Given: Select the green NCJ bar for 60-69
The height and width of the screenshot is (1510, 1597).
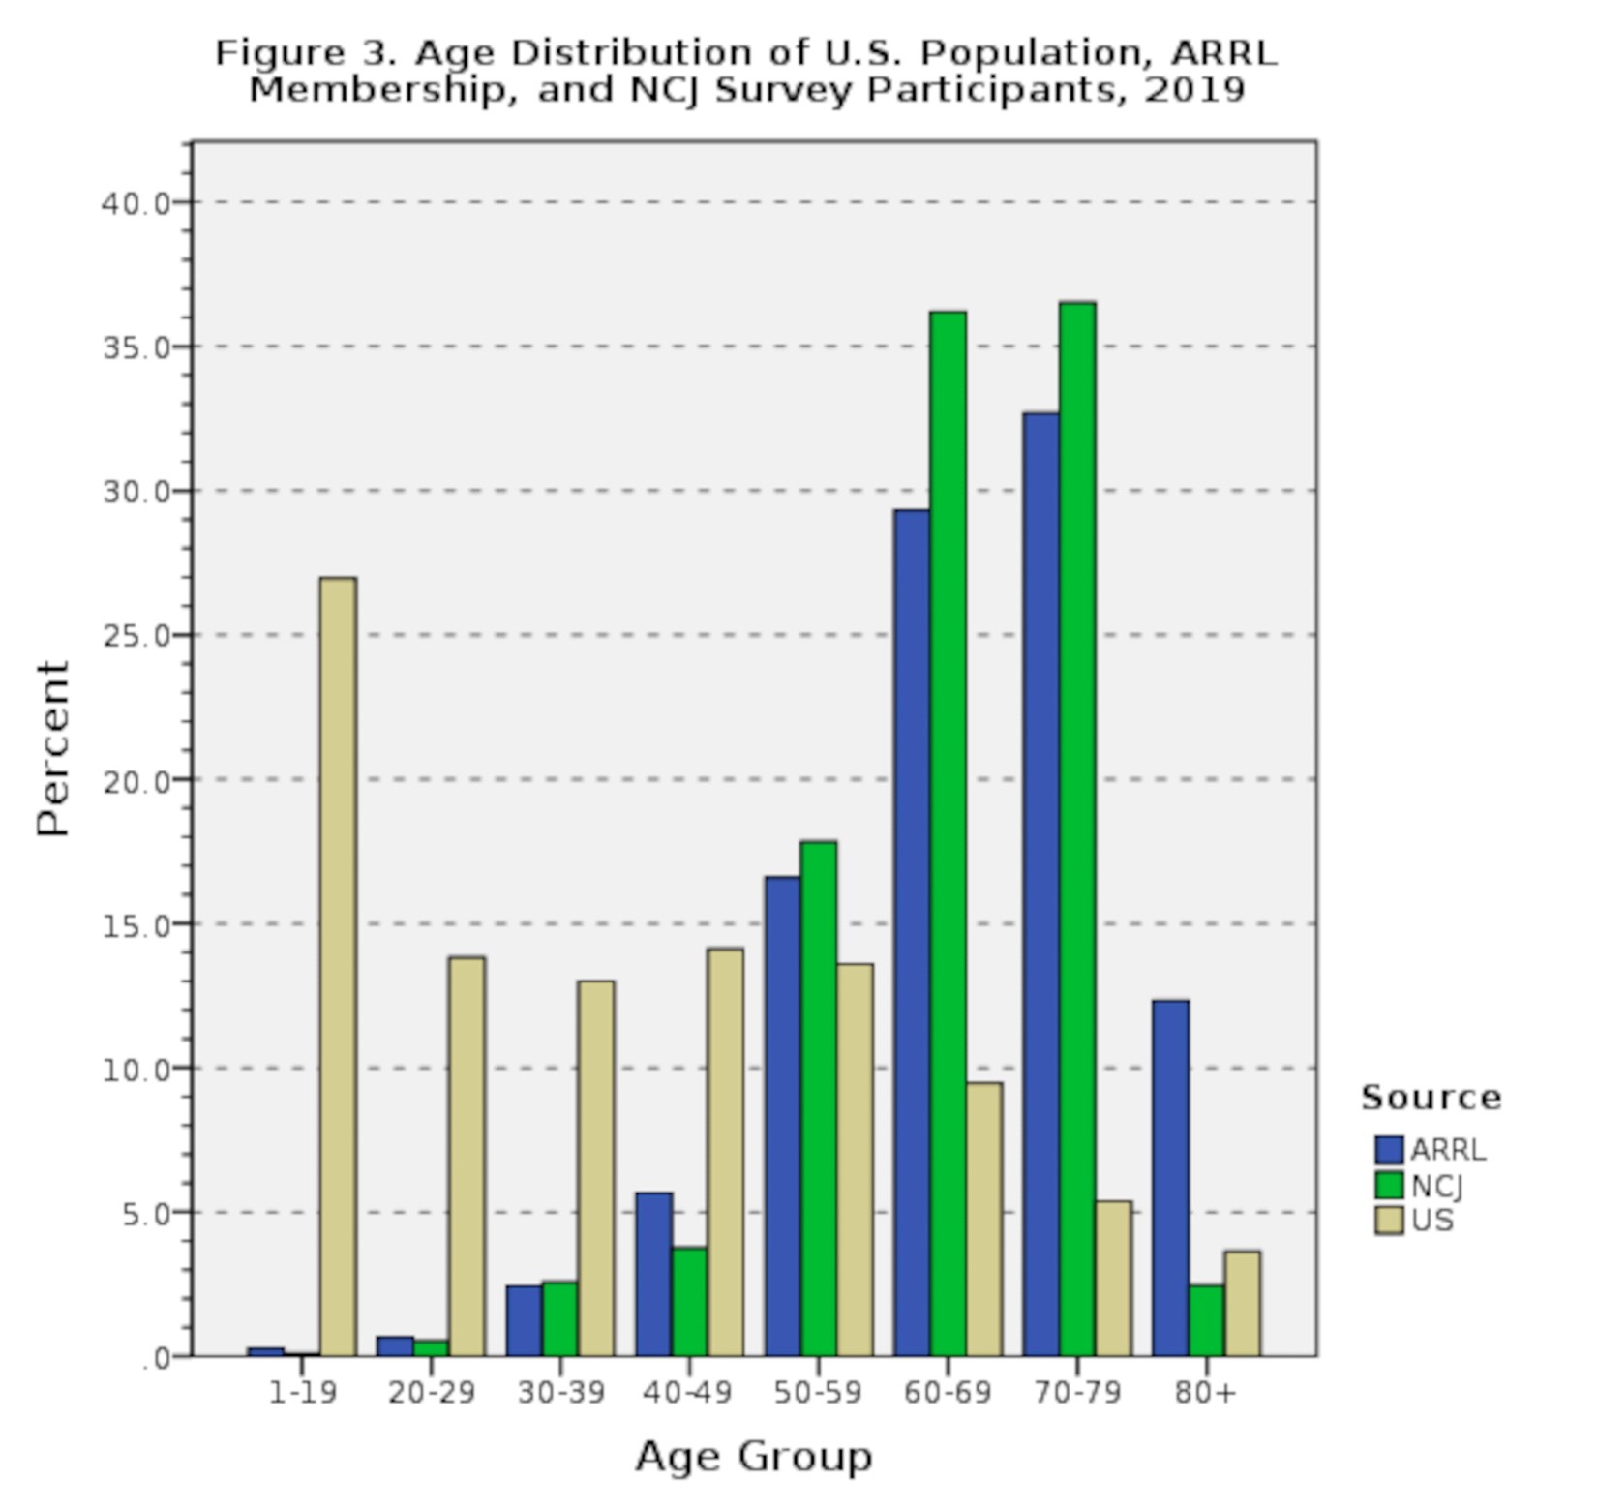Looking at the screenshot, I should point(948,833).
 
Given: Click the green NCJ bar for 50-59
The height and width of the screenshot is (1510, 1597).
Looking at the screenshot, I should point(819,1099).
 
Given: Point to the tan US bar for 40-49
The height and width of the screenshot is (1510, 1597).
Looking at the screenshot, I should point(725,1152).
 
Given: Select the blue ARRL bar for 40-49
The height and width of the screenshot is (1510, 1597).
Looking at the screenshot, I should point(653,1274).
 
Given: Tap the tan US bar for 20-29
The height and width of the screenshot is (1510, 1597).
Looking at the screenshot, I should point(467,1157).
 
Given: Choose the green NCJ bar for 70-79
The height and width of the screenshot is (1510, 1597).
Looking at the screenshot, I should point(1077,829).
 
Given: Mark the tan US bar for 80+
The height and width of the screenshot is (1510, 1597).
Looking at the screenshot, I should point(1243,1303).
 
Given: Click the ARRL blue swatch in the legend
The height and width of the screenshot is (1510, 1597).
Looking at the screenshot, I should point(1389,1150).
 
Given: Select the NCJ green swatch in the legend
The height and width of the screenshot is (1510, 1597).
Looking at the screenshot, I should point(1389,1186).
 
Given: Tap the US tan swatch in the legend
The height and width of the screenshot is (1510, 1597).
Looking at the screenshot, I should point(1389,1221).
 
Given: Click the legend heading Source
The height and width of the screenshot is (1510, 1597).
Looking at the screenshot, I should point(1431,1098).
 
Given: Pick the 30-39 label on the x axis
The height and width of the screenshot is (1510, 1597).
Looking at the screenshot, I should point(561,1393).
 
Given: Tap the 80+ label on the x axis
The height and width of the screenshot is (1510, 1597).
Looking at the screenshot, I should point(1206,1393).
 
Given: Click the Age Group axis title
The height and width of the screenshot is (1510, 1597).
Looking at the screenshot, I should point(754,1456).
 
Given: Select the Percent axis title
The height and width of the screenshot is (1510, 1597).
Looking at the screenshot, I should point(53,748).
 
